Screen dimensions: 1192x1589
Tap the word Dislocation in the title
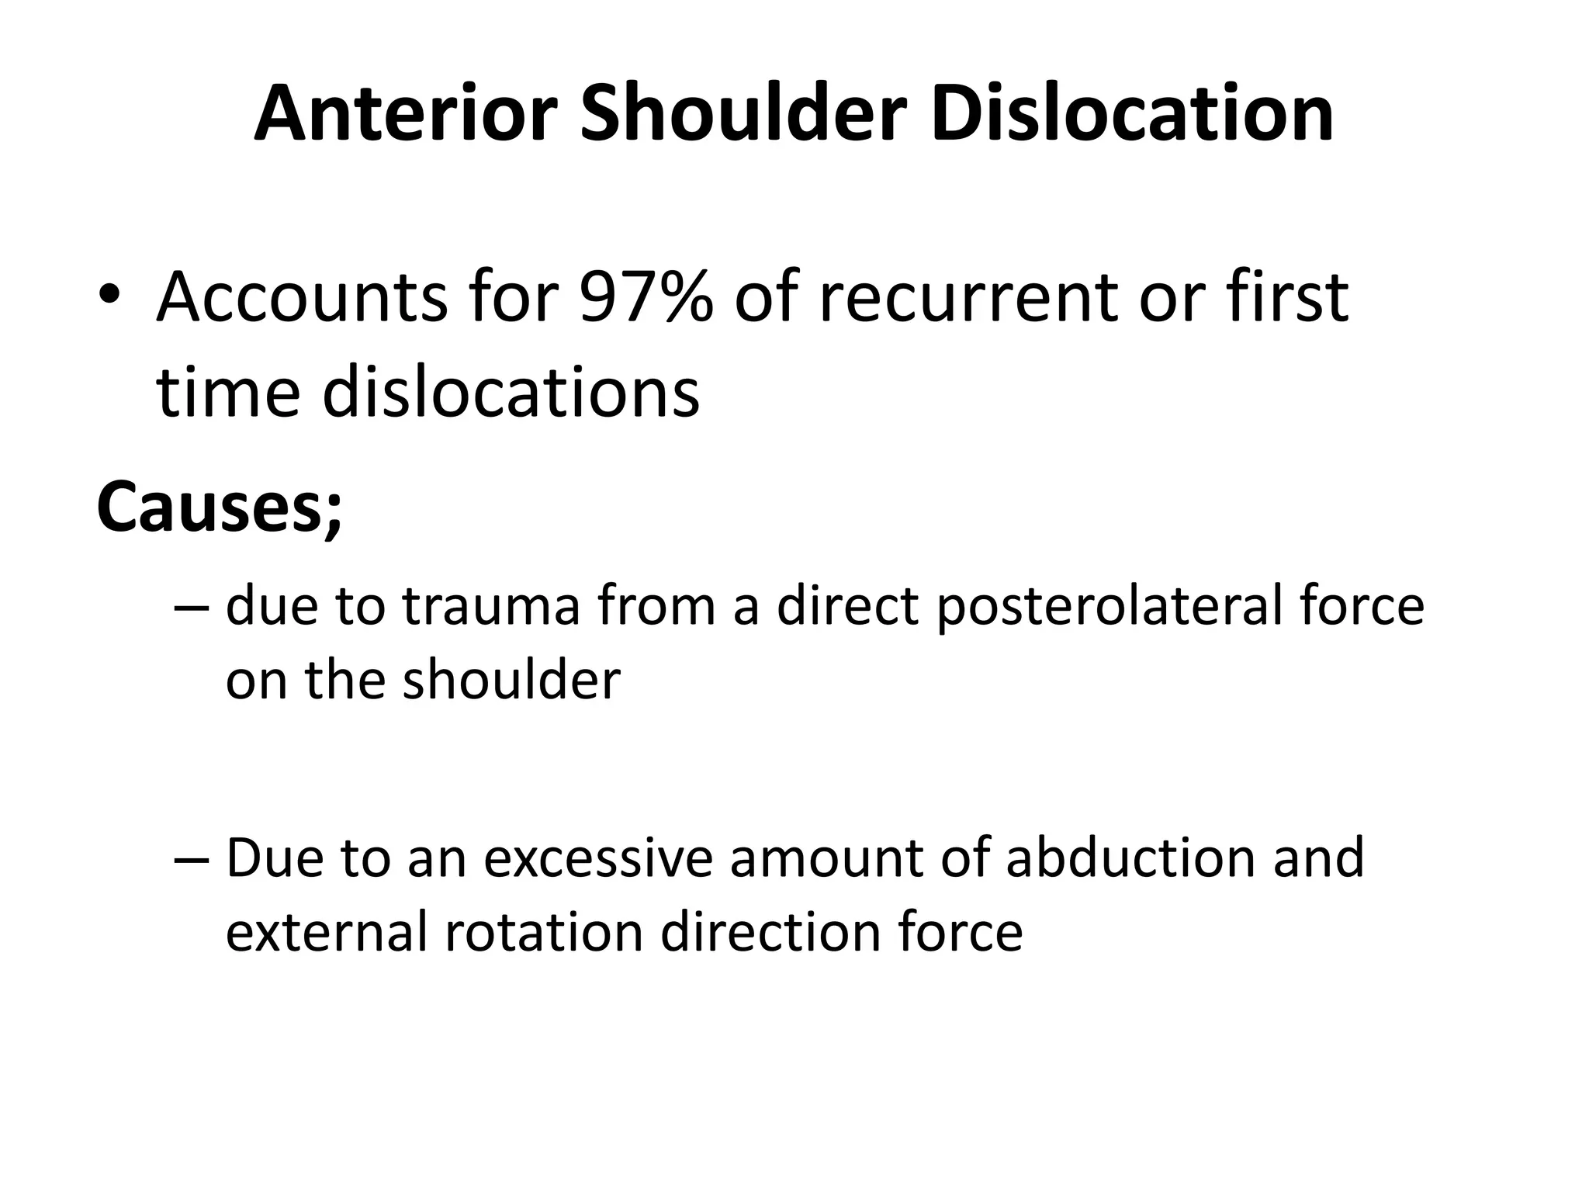pyautogui.click(x=1132, y=114)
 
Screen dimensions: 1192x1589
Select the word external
pyautogui.click(x=326, y=932)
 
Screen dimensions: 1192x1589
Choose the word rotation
pyautogui.click(x=544, y=932)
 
